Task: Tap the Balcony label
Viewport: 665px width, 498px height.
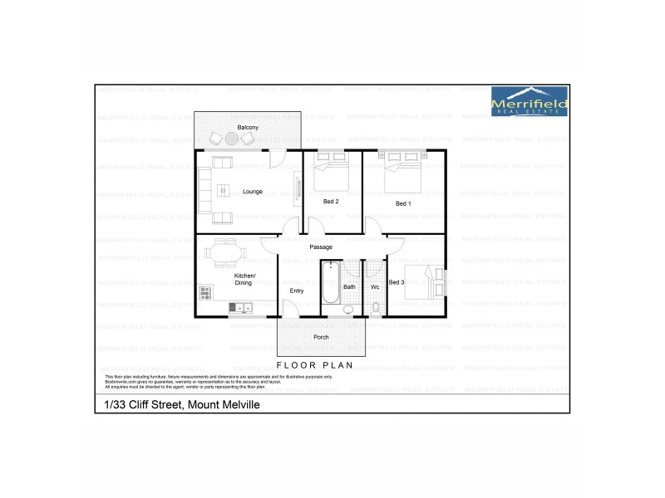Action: (x=248, y=127)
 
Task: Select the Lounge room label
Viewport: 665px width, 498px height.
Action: (x=253, y=192)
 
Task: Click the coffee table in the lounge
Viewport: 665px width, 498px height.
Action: (x=223, y=191)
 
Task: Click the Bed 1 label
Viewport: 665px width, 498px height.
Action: (x=403, y=203)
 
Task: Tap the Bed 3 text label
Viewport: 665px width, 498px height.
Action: (x=397, y=283)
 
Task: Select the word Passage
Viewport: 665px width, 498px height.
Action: (x=321, y=247)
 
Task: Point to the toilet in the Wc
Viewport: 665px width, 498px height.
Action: (x=375, y=309)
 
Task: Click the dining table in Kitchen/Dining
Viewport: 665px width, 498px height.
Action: (x=224, y=251)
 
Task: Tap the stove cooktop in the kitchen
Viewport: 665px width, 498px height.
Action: (x=204, y=292)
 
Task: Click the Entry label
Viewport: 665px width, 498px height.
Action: (x=297, y=290)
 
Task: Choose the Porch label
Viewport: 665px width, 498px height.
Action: (x=321, y=338)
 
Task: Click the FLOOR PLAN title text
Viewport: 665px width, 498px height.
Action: (x=315, y=364)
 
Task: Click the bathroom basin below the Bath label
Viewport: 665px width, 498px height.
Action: (x=347, y=310)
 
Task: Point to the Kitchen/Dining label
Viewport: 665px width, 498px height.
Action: (x=244, y=279)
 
